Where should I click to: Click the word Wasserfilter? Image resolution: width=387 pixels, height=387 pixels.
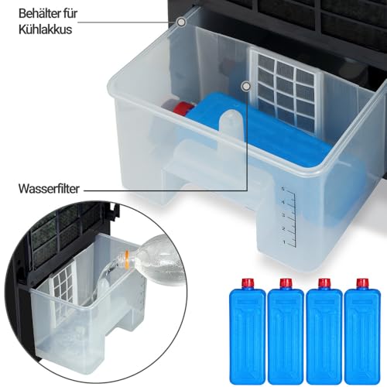(x=49, y=189)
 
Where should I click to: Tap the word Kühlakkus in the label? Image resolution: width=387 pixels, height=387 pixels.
(x=45, y=29)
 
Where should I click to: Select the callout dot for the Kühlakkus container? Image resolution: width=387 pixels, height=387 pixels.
(x=182, y=22)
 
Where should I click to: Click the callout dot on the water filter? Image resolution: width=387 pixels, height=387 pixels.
(x=246, y=86)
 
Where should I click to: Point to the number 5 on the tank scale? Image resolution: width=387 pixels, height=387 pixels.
(x=283, y=189)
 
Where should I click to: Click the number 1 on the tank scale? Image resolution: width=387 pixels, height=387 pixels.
(x=284, y=242)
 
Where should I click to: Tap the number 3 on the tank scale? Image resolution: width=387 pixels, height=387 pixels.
(x=283, y=215)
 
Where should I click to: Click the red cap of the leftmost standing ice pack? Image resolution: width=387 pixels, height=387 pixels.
(x=247, y=284)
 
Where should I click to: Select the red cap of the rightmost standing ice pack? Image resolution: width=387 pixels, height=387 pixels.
(x=362, y=284)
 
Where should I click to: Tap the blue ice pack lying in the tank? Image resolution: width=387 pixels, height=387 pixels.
(x=258, y=129)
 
